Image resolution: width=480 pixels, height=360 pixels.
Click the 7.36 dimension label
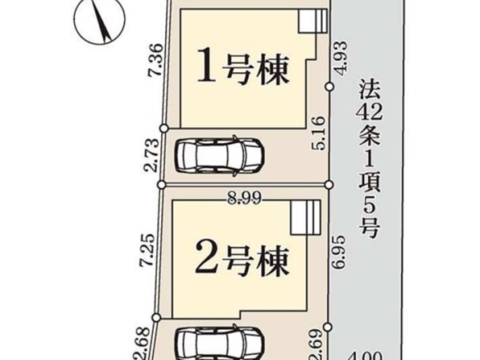(155, 60)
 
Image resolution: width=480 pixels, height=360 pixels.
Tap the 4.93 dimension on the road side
(340, 58)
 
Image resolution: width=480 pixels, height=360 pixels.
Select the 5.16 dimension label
(317, 133)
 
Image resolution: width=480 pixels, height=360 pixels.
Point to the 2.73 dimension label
(152, 155)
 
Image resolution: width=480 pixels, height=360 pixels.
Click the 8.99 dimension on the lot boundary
(244, 200)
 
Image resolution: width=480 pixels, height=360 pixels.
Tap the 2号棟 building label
(242, 261)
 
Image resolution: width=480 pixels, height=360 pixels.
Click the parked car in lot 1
(219, 155)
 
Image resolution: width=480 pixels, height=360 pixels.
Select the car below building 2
(219, 343)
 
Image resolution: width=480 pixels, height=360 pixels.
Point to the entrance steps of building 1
(313, 21)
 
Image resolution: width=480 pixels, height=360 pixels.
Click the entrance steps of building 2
(306, 218)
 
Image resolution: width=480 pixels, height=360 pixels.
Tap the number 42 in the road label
(369, 112)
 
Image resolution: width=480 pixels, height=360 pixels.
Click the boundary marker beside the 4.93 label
(330, 87)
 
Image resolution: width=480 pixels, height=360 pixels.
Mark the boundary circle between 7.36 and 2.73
(164, 128)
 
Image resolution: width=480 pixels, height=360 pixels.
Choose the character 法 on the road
(369, 89)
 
